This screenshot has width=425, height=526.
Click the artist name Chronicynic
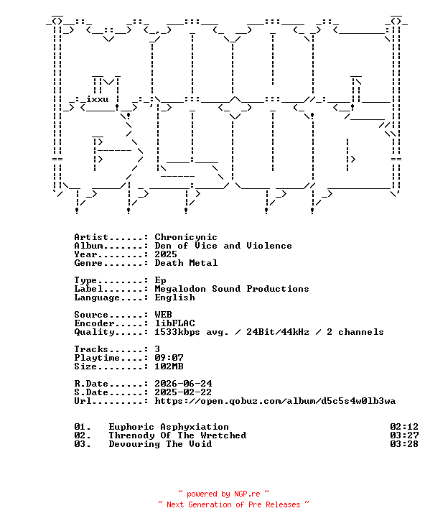click(x=186, y=238)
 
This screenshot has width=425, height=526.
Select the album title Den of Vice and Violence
click(x=223, y=246)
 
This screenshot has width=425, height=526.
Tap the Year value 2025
click(x=166, y=254)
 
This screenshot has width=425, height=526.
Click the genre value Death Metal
click(x=186, y=263)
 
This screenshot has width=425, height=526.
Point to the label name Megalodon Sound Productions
click(x=232, y=289)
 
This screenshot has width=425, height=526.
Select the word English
click(x=174, y=297)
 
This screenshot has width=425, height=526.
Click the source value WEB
click(x=163, y=315)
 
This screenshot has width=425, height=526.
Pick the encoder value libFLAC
click(x=174, y=323)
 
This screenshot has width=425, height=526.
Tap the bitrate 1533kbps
click(x=177, y=332)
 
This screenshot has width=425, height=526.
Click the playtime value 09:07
click(x=169, y=358)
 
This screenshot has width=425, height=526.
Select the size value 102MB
click(x=169, y=366)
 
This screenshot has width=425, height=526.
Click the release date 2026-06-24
click(x=183, y=384)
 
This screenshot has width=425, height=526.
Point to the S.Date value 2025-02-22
click(x=183, y=392)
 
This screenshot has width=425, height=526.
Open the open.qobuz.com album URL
click(x=275, y=401)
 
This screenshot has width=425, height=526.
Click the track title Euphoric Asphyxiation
click(x=169, y=427)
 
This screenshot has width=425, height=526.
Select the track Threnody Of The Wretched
click(x=177, y=435)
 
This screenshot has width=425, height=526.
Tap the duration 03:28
click(x=404, y=444)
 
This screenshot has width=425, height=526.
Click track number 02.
click(x=82, y=435)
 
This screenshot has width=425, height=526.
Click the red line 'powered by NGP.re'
click(x=223, y=494)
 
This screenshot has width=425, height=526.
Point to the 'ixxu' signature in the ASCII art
click(x=98, y=99)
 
